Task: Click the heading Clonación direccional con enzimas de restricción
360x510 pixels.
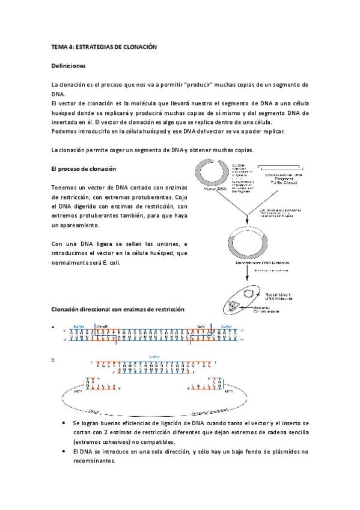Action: [x=118, y=309]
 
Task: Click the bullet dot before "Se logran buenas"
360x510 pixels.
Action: [x=64, y=423]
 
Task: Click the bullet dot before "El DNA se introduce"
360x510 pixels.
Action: [x=64, y=451]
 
